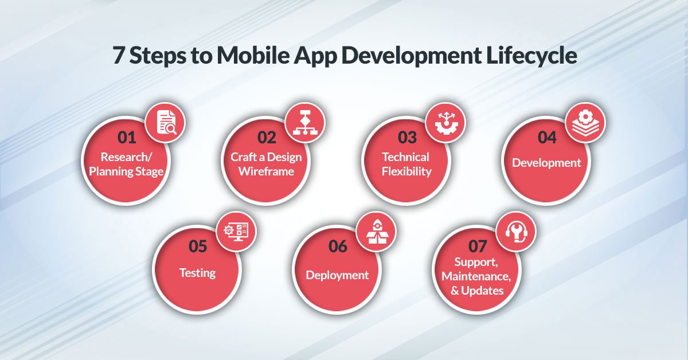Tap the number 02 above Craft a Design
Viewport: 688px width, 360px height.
pos(267,138)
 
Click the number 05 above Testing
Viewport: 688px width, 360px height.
pos(197,246)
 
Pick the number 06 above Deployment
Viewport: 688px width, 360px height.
pos(338,246)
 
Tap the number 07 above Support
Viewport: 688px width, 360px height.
pos(478,246)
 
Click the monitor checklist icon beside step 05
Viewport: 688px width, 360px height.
pos(236,231)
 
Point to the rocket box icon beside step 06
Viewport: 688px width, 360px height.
pos(376,231)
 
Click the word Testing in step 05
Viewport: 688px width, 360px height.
pos(197,273)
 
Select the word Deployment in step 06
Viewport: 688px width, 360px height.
pos(337,275)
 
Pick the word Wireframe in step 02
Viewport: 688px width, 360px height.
pos(266,171)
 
